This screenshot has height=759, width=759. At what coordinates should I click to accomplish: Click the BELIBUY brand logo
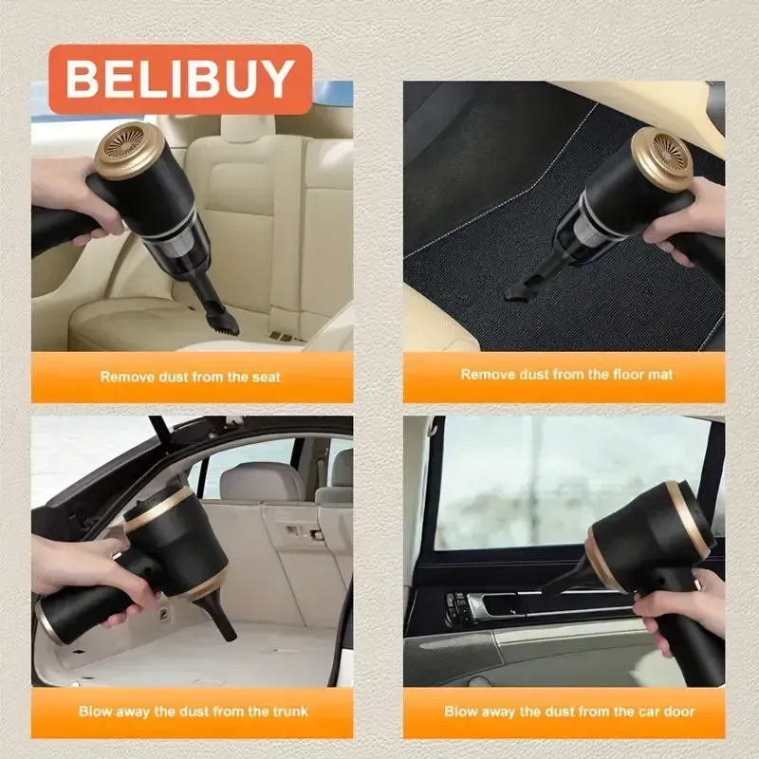point(180,80)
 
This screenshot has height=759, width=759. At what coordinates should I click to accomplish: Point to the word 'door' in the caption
point(676,711)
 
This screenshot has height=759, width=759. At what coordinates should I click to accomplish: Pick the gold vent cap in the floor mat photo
point(664,157)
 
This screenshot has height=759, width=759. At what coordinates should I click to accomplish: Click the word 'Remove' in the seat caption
point(126,377)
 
